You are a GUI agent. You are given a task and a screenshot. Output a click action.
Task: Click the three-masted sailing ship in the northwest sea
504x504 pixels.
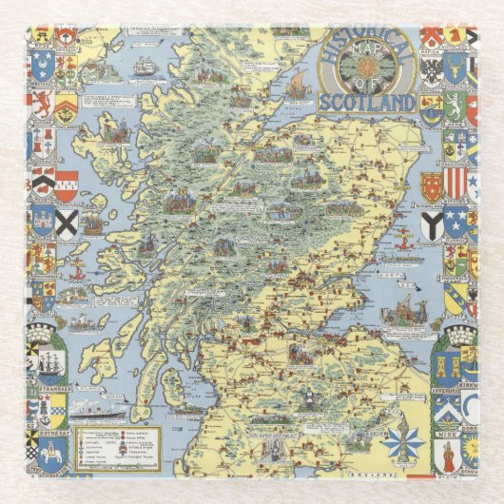(x=145, y=67)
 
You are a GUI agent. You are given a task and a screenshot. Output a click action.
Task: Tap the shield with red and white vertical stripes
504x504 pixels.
(x=457, y=184)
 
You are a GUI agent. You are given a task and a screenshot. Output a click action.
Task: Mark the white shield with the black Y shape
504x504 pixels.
(x=433, y=224)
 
